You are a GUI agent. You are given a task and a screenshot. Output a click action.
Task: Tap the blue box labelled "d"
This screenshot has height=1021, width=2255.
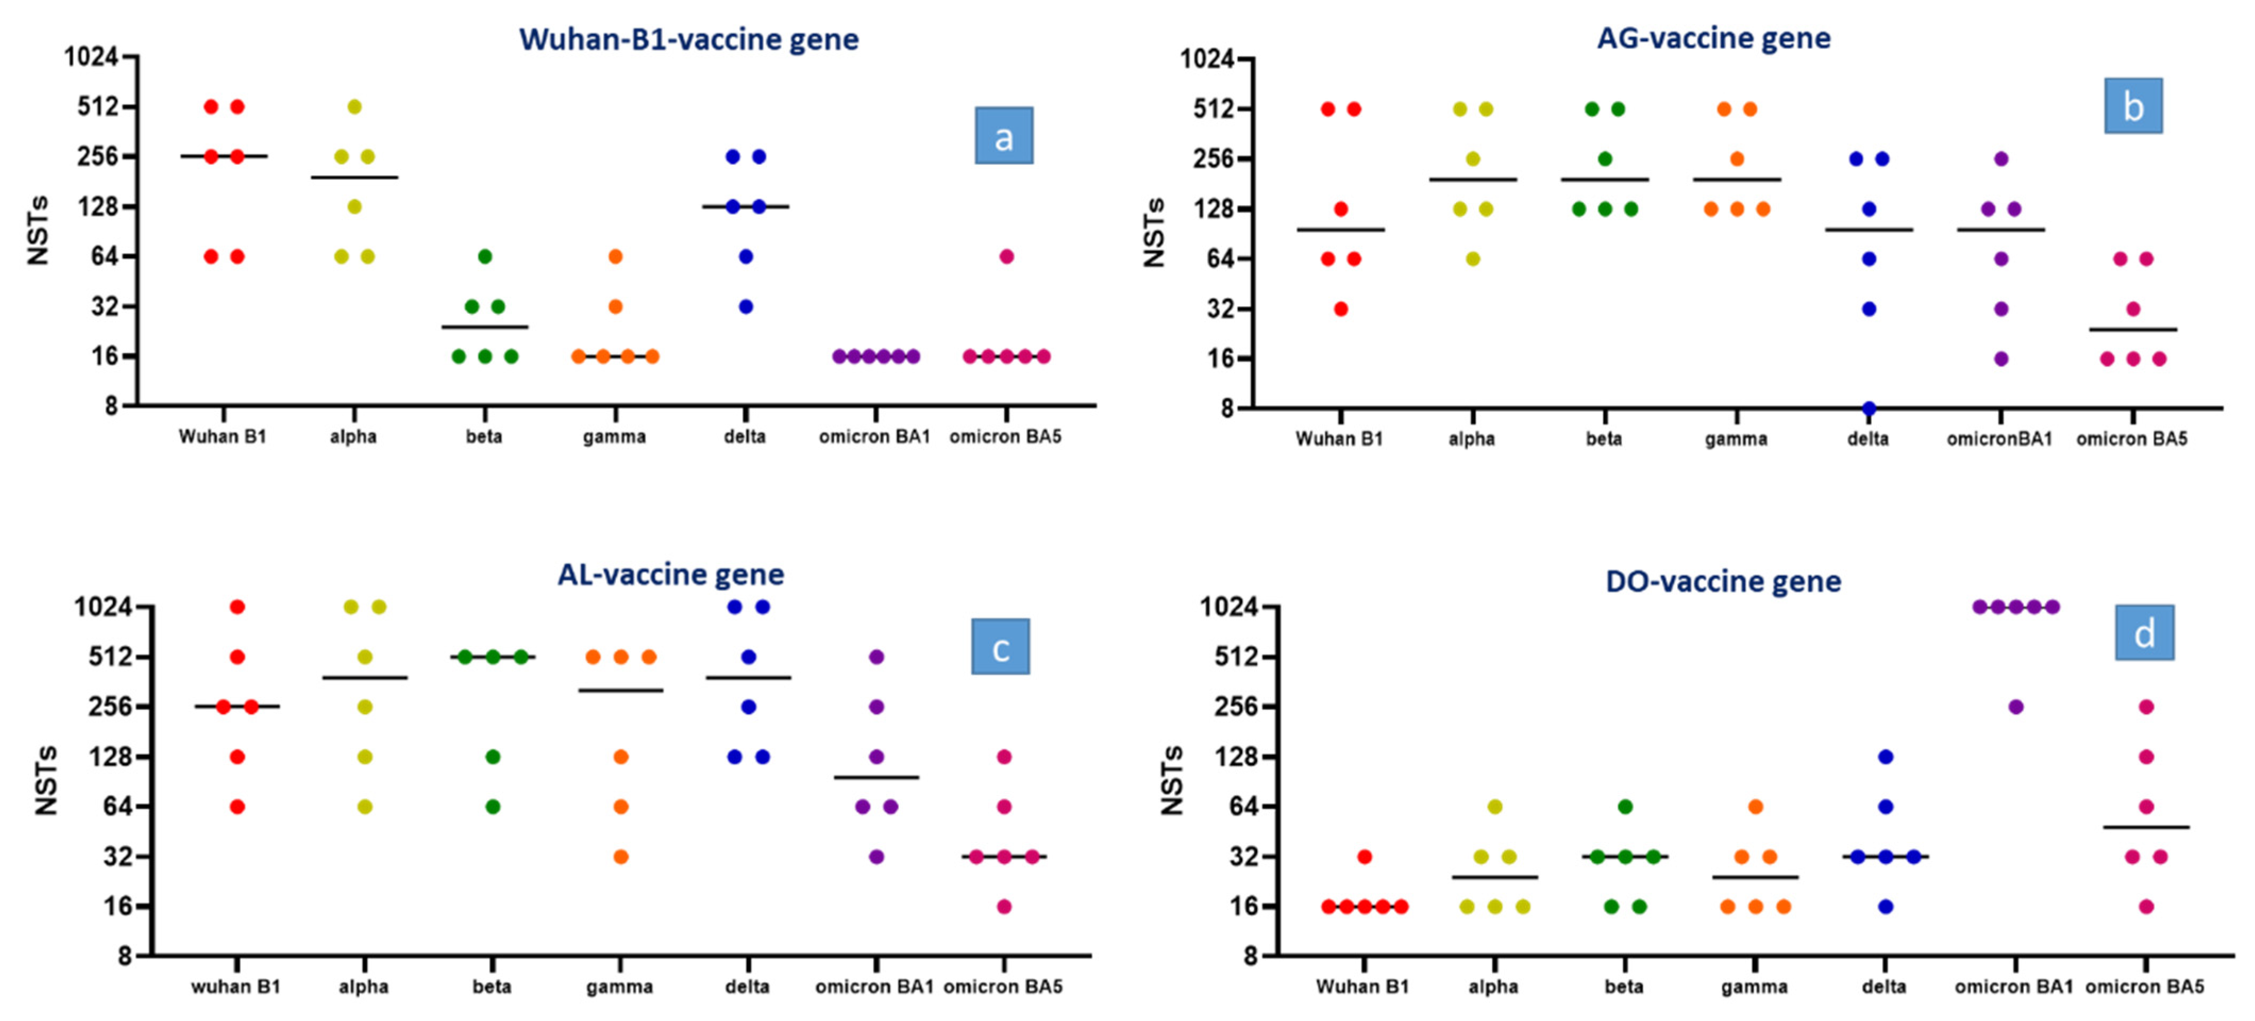2144,632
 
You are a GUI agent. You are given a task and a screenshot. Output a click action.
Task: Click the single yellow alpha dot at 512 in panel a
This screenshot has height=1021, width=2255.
355,107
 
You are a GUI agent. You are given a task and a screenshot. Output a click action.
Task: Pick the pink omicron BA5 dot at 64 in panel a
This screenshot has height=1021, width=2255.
1007,256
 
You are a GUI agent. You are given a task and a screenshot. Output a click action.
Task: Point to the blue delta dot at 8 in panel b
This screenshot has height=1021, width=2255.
1869,408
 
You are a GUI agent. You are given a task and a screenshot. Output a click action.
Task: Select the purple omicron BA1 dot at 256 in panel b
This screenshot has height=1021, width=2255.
2001,158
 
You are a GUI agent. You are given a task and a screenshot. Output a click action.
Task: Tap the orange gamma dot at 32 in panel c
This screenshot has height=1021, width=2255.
621,856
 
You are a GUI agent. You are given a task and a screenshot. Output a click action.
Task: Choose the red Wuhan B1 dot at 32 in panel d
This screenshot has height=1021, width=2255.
1365,856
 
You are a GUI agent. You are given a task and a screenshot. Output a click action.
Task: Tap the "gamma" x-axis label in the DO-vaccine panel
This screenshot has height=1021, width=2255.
1754,987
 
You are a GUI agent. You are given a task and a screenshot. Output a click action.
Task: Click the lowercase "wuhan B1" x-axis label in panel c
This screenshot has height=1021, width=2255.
235,987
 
